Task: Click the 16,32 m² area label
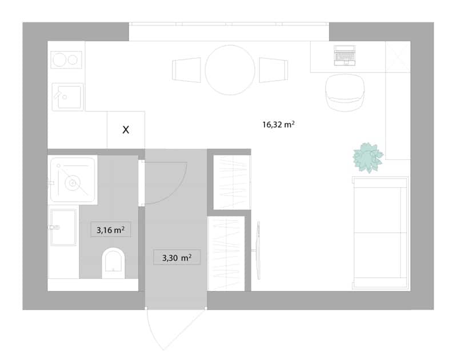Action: [278, 125]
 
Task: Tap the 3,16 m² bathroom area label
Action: [110, 230]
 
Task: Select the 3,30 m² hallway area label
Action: [177, 258]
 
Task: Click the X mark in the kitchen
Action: [126, 130]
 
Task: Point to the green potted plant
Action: [368, 157]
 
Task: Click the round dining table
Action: [230, 70]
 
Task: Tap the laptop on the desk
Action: [344, 55]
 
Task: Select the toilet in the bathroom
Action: [113, 263]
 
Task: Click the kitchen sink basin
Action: [69, 97]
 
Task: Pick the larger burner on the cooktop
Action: [59, 60]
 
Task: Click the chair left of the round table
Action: [187, 70]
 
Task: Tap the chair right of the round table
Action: [274, 70]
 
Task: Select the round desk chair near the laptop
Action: [345, 93]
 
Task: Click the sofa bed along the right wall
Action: [380, 233]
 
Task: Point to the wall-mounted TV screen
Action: [258, 250]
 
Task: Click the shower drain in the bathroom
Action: [73, 183]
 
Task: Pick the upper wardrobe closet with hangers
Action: [232, 182]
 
